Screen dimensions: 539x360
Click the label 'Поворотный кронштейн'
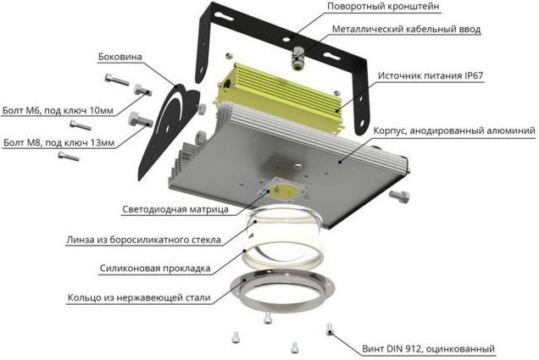coord(383,6)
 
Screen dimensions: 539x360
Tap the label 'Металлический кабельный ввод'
coord(406,29)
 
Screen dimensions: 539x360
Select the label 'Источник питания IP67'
coord(431,75)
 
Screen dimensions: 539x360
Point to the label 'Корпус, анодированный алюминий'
coord(454,131)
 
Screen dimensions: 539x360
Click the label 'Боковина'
coord(120,57)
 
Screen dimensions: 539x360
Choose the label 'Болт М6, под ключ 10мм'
coord(58,111)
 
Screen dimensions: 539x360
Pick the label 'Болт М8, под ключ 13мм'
coord(58,142)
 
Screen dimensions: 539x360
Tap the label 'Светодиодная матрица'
coord(175,209)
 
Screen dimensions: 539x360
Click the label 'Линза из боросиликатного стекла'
coord(144,240)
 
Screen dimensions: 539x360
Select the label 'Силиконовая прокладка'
coord(155,269)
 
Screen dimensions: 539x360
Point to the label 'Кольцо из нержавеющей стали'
coord(139,297)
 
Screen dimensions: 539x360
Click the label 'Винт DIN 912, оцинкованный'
coord(428,349)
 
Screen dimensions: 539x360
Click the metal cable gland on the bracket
coord(297,58)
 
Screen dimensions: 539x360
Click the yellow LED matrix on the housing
coord(284,191)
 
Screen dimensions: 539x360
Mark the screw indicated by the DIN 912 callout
coord(330,330)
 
